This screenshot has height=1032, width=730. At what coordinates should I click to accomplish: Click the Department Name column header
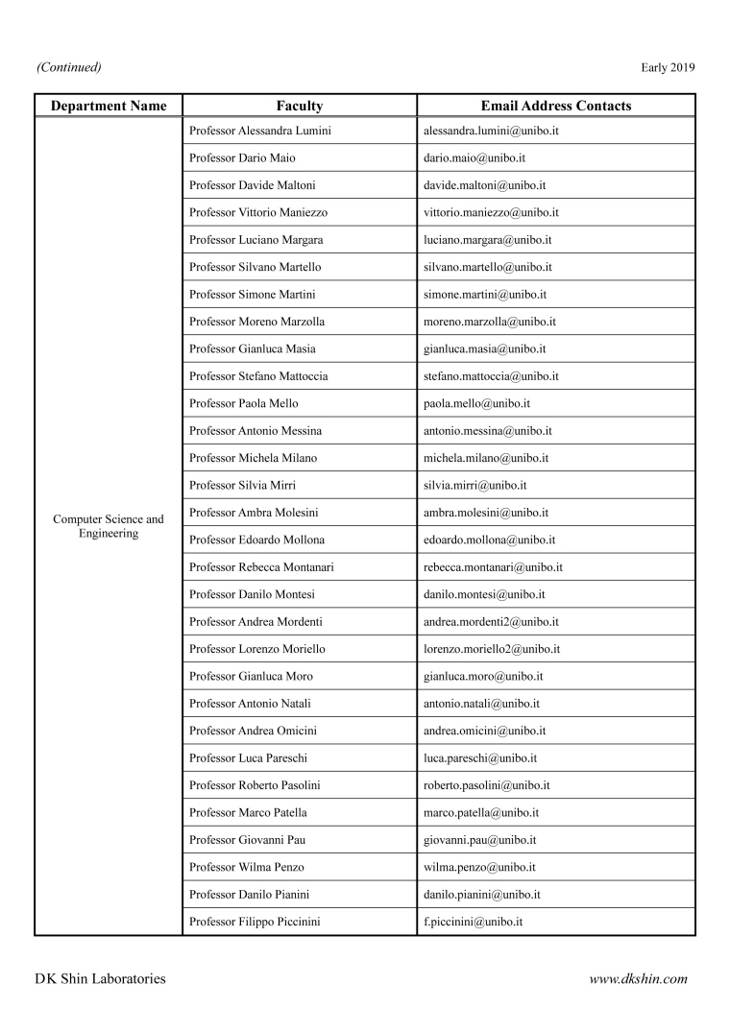point(109,106)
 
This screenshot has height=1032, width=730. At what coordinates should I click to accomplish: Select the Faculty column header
point(299,106)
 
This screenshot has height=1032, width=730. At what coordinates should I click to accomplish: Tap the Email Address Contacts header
point(555,106)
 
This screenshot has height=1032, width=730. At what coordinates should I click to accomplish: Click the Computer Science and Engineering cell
point(109,526)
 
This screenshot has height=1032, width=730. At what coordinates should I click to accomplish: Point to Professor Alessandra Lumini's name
point(261,131)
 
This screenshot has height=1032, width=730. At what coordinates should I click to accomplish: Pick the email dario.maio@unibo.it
point(474,157)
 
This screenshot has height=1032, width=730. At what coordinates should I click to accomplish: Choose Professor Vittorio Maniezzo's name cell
point(260,212)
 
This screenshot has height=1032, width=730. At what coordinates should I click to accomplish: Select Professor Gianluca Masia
point(253,348)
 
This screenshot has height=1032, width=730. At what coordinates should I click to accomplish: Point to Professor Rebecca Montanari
point(262,567)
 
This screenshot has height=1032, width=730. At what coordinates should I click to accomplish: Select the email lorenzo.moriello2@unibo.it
point(492,649)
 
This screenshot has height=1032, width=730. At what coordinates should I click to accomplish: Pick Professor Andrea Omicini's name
point(254,731)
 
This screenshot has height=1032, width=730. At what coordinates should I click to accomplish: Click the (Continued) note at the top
point(69,67)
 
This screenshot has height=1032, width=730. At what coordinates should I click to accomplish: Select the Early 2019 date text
point(667,67)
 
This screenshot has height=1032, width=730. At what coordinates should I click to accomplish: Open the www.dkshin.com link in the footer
point(638,979)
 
